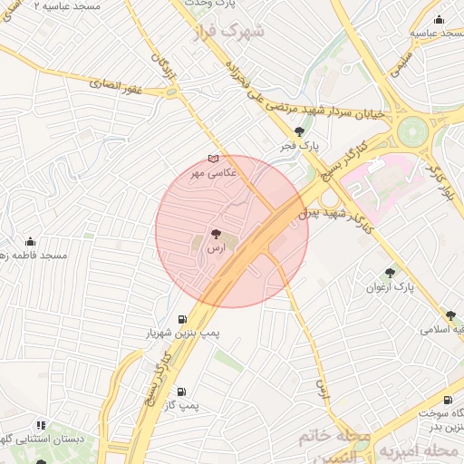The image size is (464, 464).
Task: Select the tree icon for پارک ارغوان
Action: (x=390, y=272)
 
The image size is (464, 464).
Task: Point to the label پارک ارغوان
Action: (x=390, y=286)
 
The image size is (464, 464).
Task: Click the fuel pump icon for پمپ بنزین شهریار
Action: (x=184, y=319)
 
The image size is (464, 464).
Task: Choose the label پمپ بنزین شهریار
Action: (x=184, y=333)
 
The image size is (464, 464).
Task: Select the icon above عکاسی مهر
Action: (x=213, y=159)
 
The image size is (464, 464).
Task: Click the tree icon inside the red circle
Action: (x=215, y=234)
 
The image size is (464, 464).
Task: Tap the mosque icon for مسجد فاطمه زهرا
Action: (x=31, y=242)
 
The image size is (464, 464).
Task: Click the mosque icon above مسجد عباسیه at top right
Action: (x=440, y=19)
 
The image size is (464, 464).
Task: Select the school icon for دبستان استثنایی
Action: (x=40, y=424)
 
